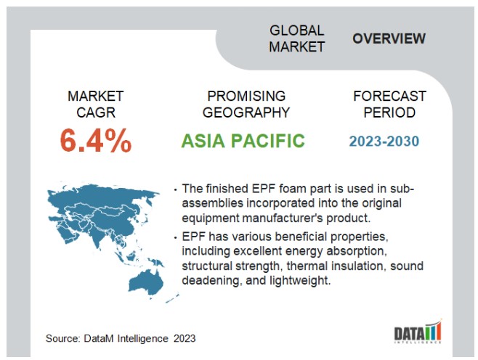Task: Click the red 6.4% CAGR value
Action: tap(96, 140)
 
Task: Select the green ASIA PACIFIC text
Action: tap(243, 141)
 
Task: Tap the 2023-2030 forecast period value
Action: tap(384, 142)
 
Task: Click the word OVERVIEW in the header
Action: tap(389, 38)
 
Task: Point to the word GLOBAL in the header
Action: tap(296, 30)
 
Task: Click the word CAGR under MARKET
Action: tap(96, 112)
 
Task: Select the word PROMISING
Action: tap(246, 97)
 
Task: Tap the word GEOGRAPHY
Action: tap(246, 112)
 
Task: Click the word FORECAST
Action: tap(389, 97)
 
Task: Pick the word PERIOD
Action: tap(389, 112)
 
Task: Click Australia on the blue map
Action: tap(146, 282)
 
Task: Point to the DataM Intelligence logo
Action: tap(418, 332)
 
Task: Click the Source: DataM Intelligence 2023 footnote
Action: tap(121, 338)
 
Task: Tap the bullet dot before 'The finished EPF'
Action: tap(175, 189)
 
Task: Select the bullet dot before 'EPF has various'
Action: tap(175, 237)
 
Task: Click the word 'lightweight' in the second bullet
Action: tap(298, 280)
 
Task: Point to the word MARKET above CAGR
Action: tap(96, 97)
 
